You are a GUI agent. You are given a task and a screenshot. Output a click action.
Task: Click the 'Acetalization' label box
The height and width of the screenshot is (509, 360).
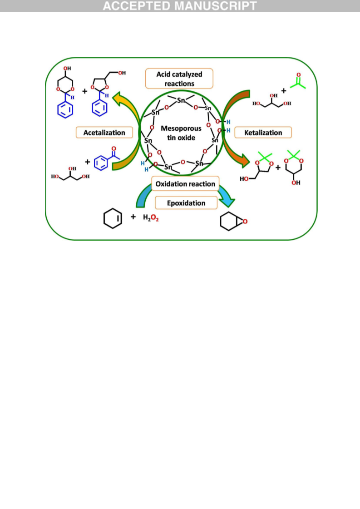(104, 133)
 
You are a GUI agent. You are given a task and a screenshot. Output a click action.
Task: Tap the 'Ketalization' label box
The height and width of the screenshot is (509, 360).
(263, 133)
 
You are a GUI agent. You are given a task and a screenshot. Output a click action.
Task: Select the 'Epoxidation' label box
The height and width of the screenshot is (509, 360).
(186, 203)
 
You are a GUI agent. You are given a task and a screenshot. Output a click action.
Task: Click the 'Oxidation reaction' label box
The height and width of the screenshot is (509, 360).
(185, 184)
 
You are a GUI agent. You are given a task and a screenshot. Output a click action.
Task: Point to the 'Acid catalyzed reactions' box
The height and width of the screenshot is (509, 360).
(179, 79)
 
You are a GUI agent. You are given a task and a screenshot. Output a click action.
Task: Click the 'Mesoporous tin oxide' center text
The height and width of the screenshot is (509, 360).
(181, 133)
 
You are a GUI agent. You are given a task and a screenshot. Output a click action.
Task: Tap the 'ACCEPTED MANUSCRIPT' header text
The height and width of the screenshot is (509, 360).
(180, 6)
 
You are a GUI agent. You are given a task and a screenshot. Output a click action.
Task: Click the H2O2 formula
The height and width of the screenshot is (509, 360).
(151, 218)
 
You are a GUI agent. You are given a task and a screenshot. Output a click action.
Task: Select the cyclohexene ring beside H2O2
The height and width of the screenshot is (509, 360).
(113, 218)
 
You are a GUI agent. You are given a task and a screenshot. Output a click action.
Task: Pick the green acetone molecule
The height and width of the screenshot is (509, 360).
(298, 81)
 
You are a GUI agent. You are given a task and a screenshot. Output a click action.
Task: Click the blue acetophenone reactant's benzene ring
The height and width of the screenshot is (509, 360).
(101, 163)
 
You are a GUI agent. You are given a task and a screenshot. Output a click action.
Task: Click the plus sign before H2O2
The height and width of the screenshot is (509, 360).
(133, 217)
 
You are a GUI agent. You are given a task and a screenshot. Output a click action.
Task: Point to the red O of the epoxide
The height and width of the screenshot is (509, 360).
(245, 222)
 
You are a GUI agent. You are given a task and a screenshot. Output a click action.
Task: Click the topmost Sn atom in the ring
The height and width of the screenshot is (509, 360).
(181, 101)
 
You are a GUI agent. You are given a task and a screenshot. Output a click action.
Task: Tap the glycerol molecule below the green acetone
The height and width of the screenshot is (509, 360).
(272, 101)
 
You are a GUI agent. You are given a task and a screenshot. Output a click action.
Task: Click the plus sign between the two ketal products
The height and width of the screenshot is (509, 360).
(278, 168)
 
